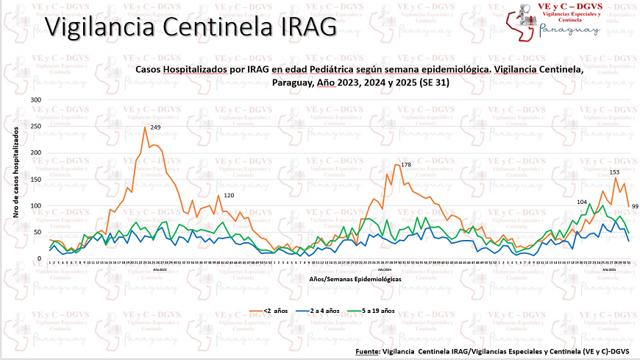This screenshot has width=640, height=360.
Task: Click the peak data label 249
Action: tap(155, 127)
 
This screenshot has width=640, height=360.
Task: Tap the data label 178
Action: tap(405, 163)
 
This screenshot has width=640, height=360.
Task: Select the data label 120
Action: tap(229, 196)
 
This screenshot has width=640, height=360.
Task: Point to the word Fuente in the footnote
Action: tap(365, 351)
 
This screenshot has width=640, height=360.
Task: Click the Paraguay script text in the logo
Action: tap(569, 30)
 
